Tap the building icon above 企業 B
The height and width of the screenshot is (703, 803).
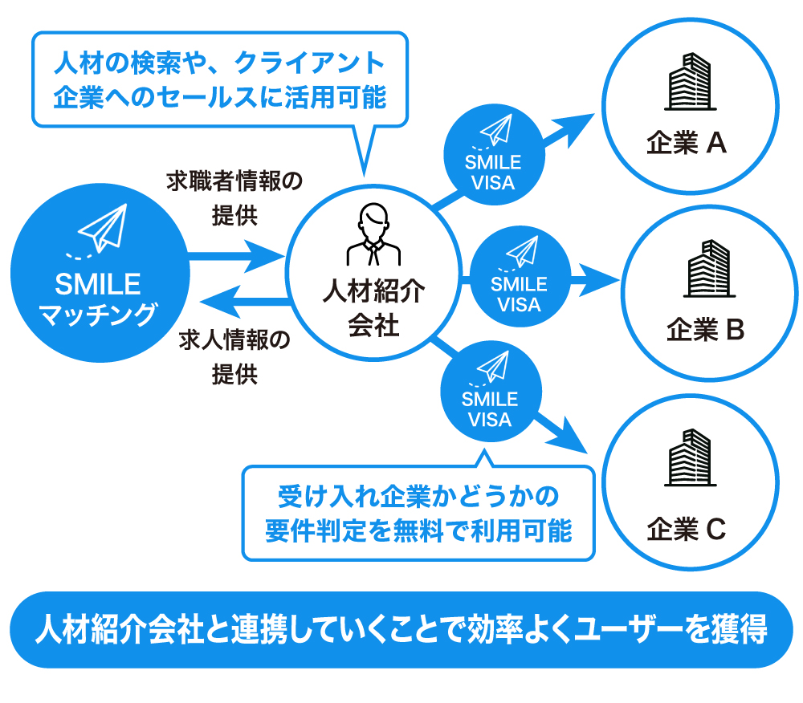[707, 269]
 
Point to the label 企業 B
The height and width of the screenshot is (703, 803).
[707, 329]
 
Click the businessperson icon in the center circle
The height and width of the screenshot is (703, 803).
[373, 237]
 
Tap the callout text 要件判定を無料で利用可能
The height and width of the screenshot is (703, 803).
[418, 530]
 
